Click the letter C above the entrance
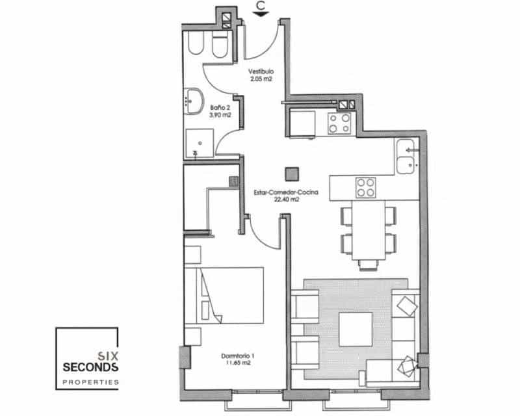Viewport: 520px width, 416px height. point(261,7)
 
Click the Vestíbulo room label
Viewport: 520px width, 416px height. point(261,71)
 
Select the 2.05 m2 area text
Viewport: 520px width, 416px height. point(261,79)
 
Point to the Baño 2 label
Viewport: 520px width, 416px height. point(217,107)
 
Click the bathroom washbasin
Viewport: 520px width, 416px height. point(193,101)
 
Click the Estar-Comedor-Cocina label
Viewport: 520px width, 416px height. point(277,192)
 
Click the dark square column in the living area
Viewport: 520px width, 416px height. point(291,174)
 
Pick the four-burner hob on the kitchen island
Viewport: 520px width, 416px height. point(365,188)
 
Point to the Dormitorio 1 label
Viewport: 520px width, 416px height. point(237,356)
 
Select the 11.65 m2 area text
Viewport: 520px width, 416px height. point(237,364)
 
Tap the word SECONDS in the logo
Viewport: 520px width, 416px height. point(90,367)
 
